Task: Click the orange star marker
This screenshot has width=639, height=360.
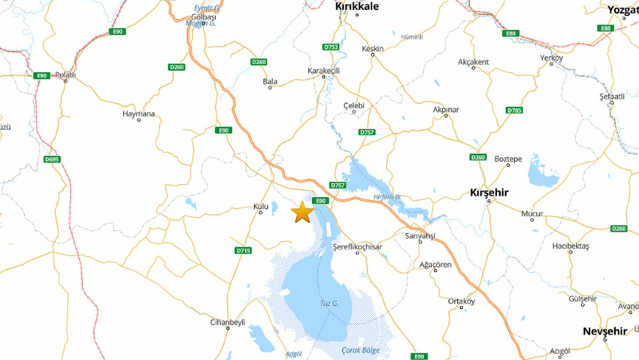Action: pyautogui.click(x=302, y=213)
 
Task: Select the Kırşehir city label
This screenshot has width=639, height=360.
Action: pyautogui.click(x=489, y=192)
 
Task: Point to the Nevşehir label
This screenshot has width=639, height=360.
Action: pyautogui.click(x=606, y=331)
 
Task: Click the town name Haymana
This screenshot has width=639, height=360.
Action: pyautogui.click(x=138, y=114)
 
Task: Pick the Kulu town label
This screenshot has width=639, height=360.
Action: pyautogui.click(x=261, y=205)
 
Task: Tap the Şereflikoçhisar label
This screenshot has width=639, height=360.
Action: pyautogui.click(x=357, y=247)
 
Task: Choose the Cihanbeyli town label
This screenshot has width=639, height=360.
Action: pyautogui.click(x=228, y=322)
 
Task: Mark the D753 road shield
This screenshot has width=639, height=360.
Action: pyautogui.click(x=332, y=47)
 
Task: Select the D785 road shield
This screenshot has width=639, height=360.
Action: pyautogui.click(x=514, y=110)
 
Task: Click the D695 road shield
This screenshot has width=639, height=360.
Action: pyautogui.click(x=52, y=159)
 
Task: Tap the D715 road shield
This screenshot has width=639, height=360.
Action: pyautogui.click(x=243, y=250)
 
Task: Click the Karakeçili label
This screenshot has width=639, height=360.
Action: pyautogui.click(x=324, y=71)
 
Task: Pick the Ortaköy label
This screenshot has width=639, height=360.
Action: pyautogui.click(x=462, y=301)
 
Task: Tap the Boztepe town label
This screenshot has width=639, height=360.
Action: pyautogui.click(x=508, y=159)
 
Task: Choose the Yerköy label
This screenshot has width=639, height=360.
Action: pyautogui.click(x=552, y=58)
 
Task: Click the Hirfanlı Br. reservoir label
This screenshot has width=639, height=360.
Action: pyautogui.click(x=387, y=198)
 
